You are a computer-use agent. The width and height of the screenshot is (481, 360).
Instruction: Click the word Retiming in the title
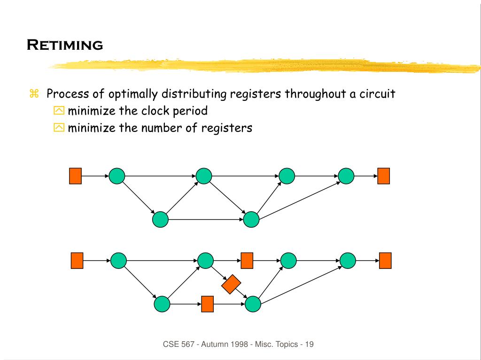coord(64,45)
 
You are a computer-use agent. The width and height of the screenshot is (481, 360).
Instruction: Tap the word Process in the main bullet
coord(65,94)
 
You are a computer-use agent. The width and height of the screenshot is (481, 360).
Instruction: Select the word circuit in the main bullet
coord(377,94)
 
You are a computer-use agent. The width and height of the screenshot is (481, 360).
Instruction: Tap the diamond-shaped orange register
coord(231,284)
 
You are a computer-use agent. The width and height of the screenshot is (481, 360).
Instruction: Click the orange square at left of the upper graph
coord(75,176)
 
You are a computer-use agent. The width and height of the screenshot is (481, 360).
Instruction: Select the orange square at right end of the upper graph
coord(384,176)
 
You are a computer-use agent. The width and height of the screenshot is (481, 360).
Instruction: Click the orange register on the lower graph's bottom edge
coord(207,304)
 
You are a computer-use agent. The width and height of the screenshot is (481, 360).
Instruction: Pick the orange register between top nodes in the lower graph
coord(247,260)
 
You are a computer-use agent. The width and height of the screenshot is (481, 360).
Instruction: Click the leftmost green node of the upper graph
coord(117,176)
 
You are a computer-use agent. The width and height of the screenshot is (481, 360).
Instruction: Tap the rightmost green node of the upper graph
coord(346,176)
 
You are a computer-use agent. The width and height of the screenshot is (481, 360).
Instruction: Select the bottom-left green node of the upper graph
coord(161,219)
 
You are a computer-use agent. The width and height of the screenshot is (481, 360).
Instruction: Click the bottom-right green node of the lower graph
coord(253,304)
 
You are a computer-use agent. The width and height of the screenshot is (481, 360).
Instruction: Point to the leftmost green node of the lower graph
coord(119,260)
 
